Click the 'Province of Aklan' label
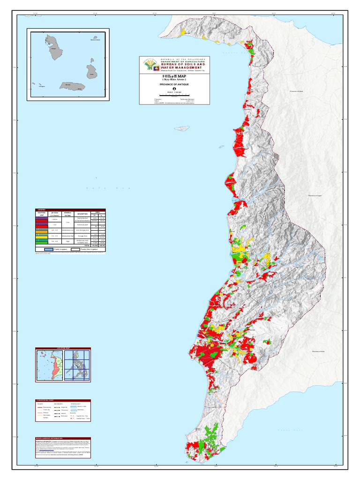pos(297,91)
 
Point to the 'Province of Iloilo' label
pos(318,351)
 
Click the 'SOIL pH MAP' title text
pos(174,75)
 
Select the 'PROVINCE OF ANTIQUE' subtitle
pos(174,84)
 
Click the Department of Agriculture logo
pos(150,64)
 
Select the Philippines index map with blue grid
pos(77,365)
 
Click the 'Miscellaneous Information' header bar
pos(63,438)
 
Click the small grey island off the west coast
pos(182,128)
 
